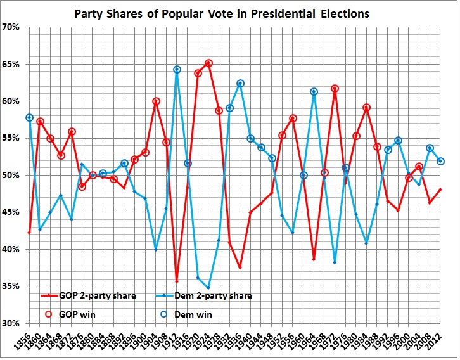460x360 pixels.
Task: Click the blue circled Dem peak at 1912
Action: [177, 69]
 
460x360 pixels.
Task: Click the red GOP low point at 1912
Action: [177, 281]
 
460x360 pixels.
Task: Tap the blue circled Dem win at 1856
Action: [29, 117]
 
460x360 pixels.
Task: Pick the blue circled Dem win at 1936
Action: [240, 83]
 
